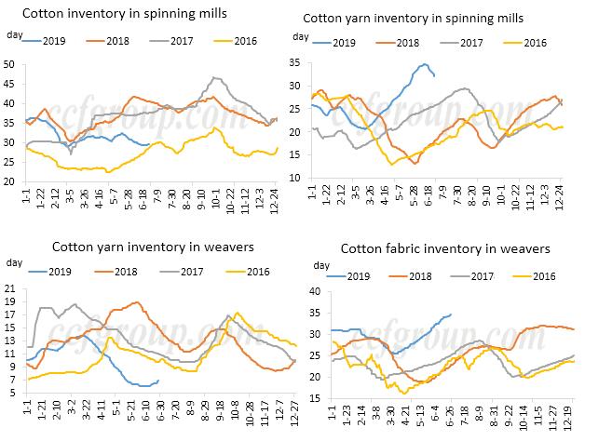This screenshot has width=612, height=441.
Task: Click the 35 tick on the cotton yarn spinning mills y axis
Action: [295, 61]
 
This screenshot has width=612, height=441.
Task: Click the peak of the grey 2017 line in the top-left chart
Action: [216, 78]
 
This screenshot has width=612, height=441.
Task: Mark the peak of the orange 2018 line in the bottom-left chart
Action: [138, 302]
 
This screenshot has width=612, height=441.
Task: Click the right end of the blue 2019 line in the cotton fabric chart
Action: [451, 314]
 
